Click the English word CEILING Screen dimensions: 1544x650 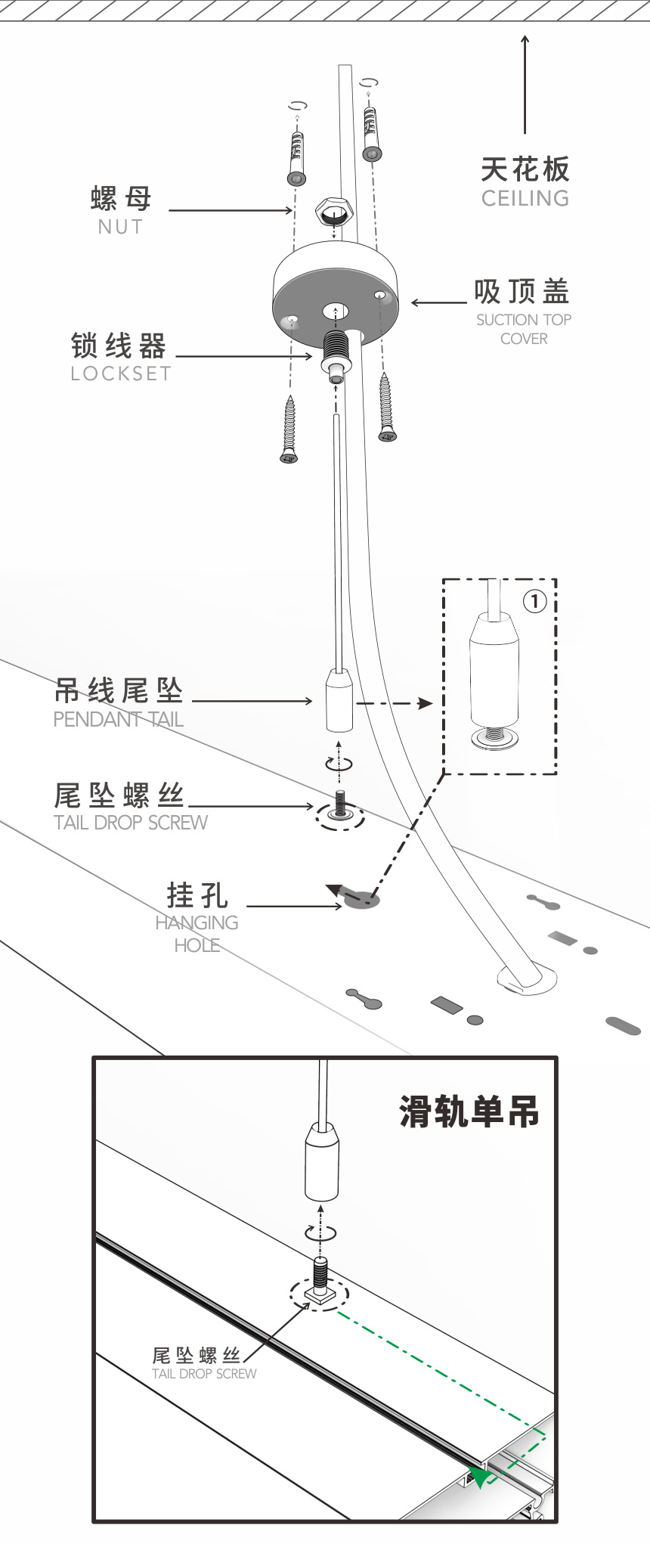coord(525,198)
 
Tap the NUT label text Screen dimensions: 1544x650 coord(120,226)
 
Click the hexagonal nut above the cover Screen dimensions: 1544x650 coord(333,212)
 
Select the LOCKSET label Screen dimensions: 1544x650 coord(121,374)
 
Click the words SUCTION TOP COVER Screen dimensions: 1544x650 coord(524,329)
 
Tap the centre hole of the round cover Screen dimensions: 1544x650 coord(335,311)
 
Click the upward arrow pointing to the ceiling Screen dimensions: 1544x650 coord(525,83)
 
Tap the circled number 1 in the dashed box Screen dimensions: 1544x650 coord(534,601)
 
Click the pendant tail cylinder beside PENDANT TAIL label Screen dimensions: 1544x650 coord(339,701)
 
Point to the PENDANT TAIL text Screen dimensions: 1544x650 coord(119,719)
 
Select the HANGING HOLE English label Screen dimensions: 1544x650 coord(197,934)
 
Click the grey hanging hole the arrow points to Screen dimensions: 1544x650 coord(362,899)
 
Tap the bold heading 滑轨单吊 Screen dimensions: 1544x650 coord(469,1112)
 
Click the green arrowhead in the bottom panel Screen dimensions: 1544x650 coord(479,1476)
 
